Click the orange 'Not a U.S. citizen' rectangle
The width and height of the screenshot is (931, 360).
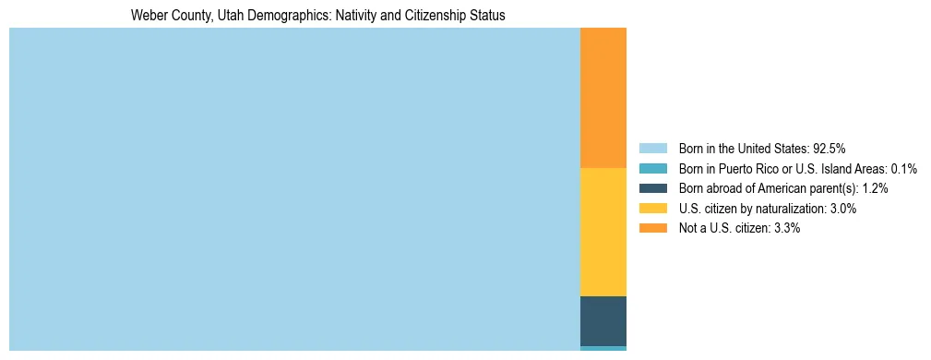[x=603, y=98]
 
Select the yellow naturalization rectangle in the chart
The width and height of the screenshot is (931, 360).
[x=603, y=232]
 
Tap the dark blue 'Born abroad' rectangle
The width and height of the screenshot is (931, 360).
[x=603, y=320]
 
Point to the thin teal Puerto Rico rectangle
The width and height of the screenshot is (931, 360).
[x=603, y=348]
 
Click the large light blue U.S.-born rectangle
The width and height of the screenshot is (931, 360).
[x=294, y=189]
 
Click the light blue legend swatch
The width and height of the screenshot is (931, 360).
[x=652, y=148]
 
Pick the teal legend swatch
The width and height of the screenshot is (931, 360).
[x=652, y=168]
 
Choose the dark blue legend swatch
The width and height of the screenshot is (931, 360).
[x=652, y=188]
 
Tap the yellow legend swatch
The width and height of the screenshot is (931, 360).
[x=652, y=209]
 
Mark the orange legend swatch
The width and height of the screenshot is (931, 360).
[x=652, y=228]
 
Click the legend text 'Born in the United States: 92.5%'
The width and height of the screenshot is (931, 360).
[x=762, y=148]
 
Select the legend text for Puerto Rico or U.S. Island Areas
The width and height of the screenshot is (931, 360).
[x=797, y=168]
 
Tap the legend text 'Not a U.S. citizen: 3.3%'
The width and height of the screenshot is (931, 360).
[x=739, y=228]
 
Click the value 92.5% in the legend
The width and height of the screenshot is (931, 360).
[x=830, y=148]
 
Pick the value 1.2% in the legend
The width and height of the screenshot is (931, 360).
[x=876, y=188]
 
